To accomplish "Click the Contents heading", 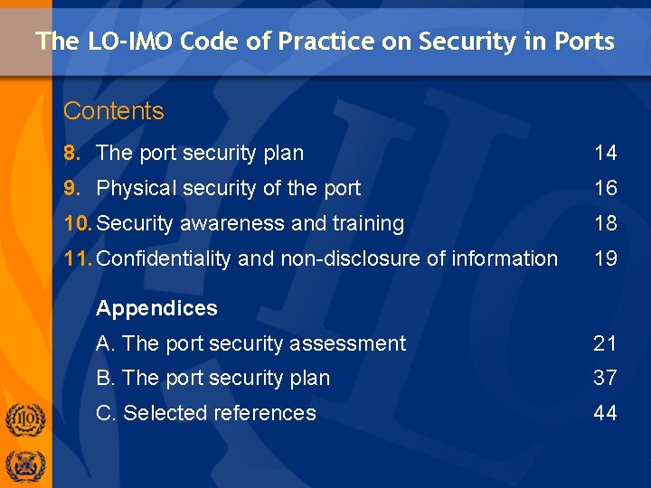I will (114, 111).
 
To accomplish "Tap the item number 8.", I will (71, 154).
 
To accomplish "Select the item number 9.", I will (71, 188).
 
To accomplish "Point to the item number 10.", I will (77, 223).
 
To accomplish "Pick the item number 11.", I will (77, 258).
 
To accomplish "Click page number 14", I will (605, 154).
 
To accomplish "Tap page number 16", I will (605, 188).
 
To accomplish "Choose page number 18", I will (605, 223).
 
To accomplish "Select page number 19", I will (605, 258).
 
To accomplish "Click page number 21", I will (605, 343).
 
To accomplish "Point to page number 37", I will (605, 378).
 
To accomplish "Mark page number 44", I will (605, 413).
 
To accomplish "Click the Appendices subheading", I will (156, 308).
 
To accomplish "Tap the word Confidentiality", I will (164, 258).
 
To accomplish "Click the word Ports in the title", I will (584, 42).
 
